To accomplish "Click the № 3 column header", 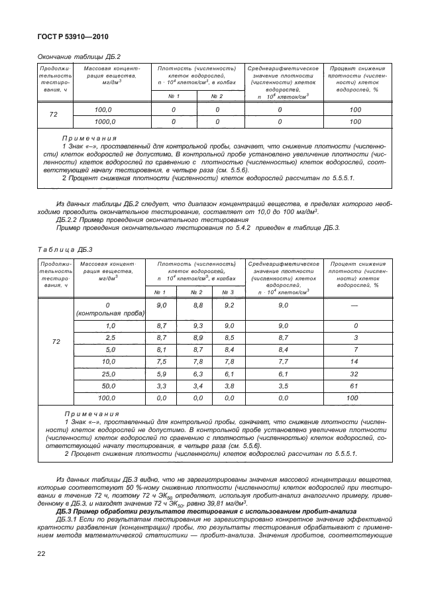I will [x=229, y=292].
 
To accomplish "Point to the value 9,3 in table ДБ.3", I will [x=196, y=326].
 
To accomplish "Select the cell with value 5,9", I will [x=160, y=374].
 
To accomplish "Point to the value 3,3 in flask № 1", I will [x=160, y=386].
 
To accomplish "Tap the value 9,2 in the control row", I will [x=229, y=305].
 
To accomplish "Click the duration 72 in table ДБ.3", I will [x=56, y=342].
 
